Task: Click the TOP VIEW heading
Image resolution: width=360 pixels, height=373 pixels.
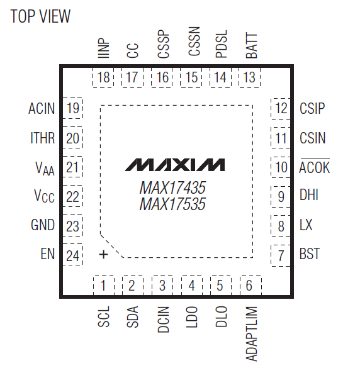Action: [40, 16]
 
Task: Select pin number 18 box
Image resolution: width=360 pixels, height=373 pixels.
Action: [103, 77]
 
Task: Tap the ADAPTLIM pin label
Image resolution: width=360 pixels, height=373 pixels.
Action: [251, 334]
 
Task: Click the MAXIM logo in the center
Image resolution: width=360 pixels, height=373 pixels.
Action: [175, 165]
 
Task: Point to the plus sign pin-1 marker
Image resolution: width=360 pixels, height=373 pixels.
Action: [103, 255]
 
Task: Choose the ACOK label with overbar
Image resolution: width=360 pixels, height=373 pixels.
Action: [315, 167]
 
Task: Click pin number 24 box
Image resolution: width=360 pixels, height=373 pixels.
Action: [72, 255]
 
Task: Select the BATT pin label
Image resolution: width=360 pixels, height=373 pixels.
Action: [252, 46]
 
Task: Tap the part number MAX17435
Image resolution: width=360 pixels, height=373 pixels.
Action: [172, 187]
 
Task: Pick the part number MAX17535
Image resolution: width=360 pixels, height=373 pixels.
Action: [172, 204]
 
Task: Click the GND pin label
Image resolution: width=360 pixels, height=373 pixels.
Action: [43, 225]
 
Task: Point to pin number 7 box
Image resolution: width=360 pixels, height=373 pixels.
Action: [281, 256]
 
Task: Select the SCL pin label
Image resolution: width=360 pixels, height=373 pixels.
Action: [104, 316]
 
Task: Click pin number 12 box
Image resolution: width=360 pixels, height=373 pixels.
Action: [281, 108]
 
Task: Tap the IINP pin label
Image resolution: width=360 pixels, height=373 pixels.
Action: [104, 48]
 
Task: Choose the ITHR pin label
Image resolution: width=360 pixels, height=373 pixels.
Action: [43, 138]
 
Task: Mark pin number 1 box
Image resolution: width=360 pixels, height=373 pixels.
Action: [104, 286]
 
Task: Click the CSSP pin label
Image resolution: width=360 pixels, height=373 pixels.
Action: [164, 44]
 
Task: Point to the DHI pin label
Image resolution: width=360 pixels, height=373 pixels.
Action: [309, 195]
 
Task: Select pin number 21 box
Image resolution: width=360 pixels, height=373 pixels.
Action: [72, 167]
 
